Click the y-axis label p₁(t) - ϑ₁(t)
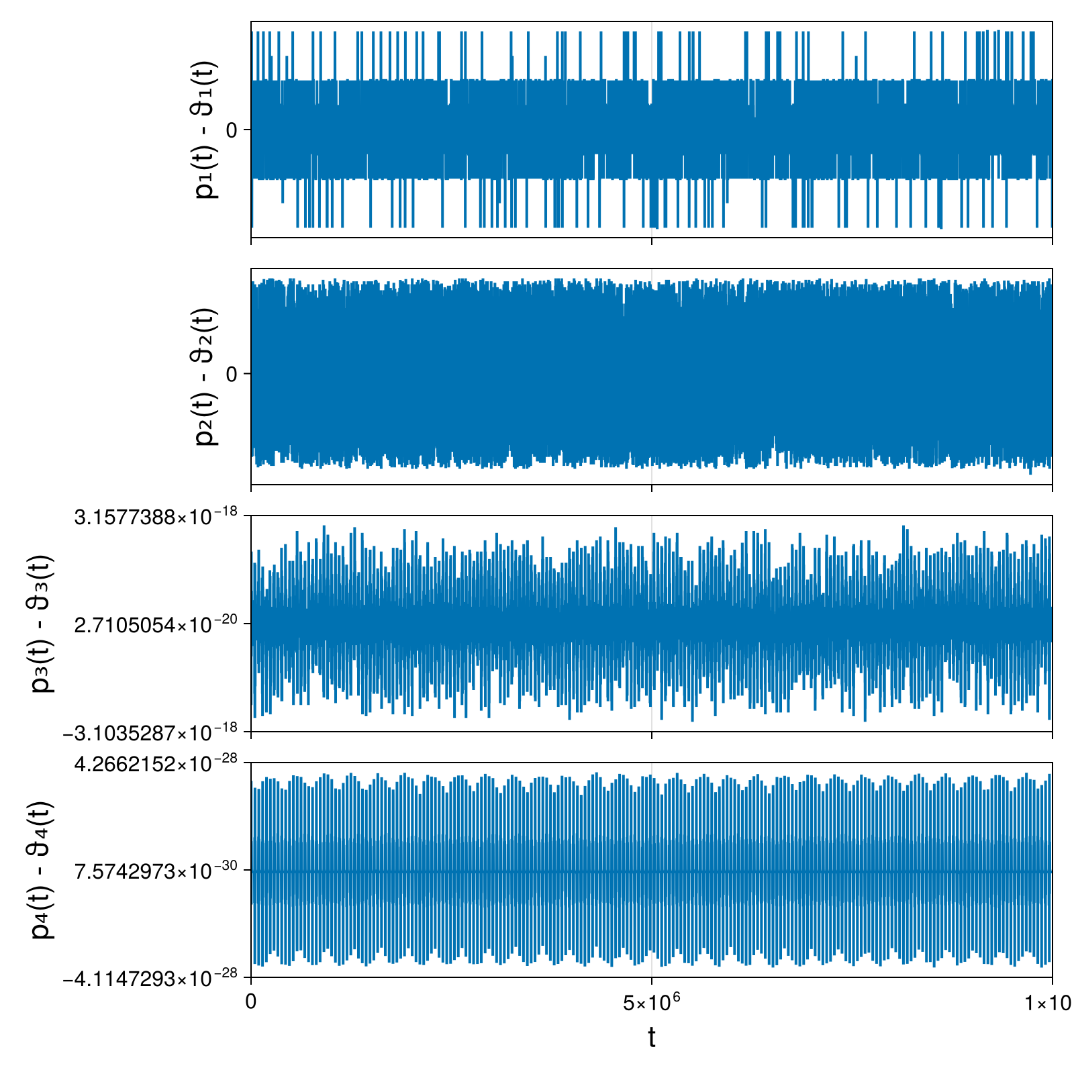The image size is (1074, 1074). click(205, 130)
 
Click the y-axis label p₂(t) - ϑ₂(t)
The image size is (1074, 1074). click(205, 377)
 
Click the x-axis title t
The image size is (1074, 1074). click(651, 1038)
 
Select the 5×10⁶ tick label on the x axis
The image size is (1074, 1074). click(651, 1002)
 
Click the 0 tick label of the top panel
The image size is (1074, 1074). click(232, 130)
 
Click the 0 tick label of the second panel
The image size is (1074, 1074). click(232, 374)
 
